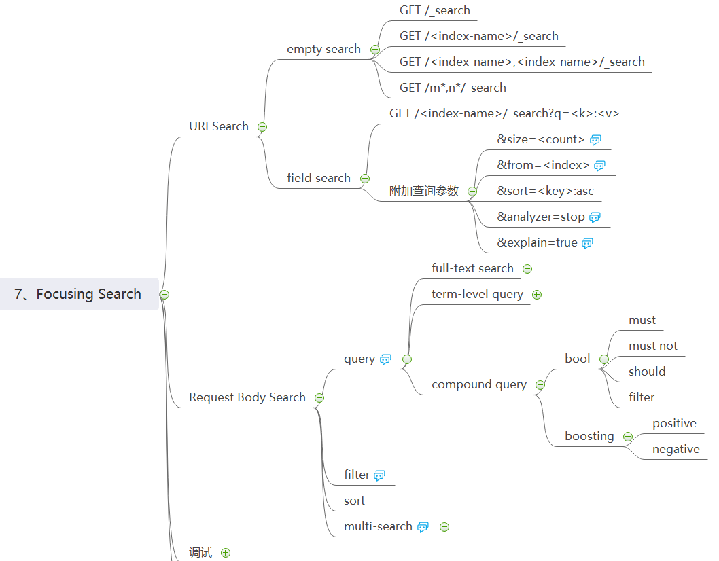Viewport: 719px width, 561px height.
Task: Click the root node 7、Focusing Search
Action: click(78, 294)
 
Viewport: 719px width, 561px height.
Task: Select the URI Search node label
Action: click(219, 126)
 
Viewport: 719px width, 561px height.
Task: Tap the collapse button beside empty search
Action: click(375, 50)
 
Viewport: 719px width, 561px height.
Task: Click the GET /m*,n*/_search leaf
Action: click(453, 88)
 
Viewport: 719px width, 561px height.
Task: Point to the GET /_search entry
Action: click(435, 10)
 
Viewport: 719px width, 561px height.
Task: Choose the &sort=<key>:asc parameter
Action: click(545, 191)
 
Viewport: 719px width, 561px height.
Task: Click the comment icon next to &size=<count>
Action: click(596, 140)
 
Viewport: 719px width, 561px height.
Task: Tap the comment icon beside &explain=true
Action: click(588, 243)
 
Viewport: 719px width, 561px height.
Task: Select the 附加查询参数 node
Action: click(424, 192)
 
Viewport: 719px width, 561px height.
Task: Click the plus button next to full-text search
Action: click(527, 269)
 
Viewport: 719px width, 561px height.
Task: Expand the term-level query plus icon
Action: click(537, 295)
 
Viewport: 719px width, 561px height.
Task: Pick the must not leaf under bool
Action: click(653, 346)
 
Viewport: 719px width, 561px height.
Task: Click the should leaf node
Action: click(647, 372)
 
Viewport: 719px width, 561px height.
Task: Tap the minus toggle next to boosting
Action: click(628, 437)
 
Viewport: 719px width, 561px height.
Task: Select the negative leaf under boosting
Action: click(676, 449)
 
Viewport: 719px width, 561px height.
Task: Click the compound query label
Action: click(479, 384)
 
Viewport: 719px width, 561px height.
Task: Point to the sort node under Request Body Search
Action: click(354, 501)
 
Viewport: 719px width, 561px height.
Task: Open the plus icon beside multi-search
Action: click(444, 527)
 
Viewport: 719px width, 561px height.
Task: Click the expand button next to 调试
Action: click(226, 553)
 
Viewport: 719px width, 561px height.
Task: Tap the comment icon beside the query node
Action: click(386, 359)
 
